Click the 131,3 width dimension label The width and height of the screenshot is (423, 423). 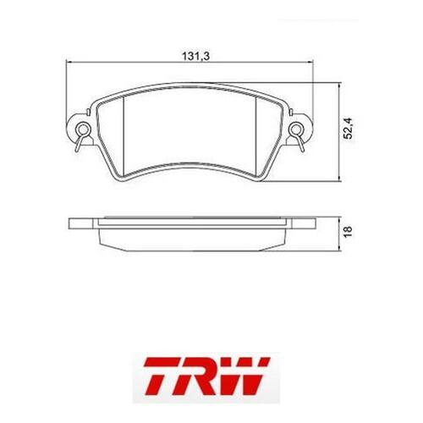(196, 57)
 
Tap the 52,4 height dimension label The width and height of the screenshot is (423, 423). (349, 129)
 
